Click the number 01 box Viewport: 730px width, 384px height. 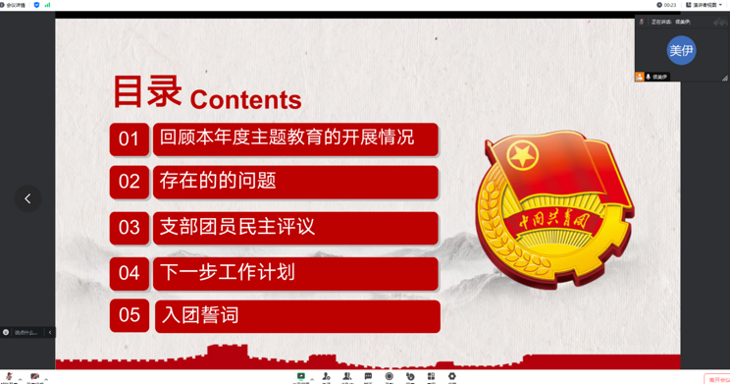point(129,139)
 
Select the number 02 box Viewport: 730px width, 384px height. point(129,182)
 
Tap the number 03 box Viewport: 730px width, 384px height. point(129,228)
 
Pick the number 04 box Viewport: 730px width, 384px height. point(129,273)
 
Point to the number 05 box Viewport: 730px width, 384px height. point(129,316)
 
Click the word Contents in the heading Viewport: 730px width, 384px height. point(245,99)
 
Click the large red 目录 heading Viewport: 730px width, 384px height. point(147,91)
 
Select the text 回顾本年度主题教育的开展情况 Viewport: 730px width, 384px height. point(287,138)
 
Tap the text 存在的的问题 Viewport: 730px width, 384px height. point(218,181)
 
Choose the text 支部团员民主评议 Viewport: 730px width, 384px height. point(237,227)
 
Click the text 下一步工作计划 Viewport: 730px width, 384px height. point(227,272)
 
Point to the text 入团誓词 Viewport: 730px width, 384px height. point(200,315)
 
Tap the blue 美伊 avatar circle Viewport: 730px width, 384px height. point(681,50)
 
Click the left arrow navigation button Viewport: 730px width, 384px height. point(27,198)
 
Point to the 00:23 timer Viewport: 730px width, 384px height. point(669,5)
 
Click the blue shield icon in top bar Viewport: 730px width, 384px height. point(37,5)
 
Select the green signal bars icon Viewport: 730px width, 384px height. point(48,5)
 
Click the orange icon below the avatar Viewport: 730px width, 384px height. point(640,77)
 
